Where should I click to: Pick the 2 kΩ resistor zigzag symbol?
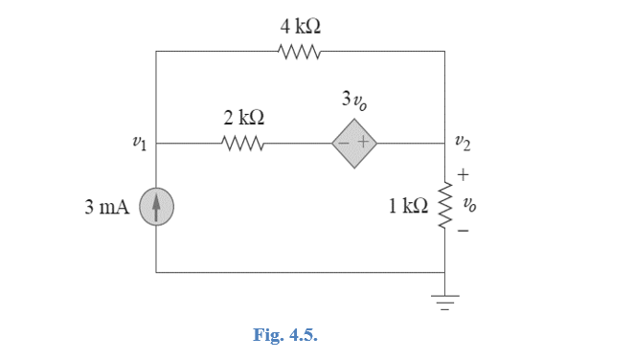point(243,146)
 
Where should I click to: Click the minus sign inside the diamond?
point(345,146)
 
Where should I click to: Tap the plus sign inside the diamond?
point(364,146)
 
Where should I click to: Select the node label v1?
point(139,146)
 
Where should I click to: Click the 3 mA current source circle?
point(156,208)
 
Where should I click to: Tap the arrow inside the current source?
point(156,207)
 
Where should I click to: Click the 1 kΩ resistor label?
point(406,208)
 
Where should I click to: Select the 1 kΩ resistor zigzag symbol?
point(445,208)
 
